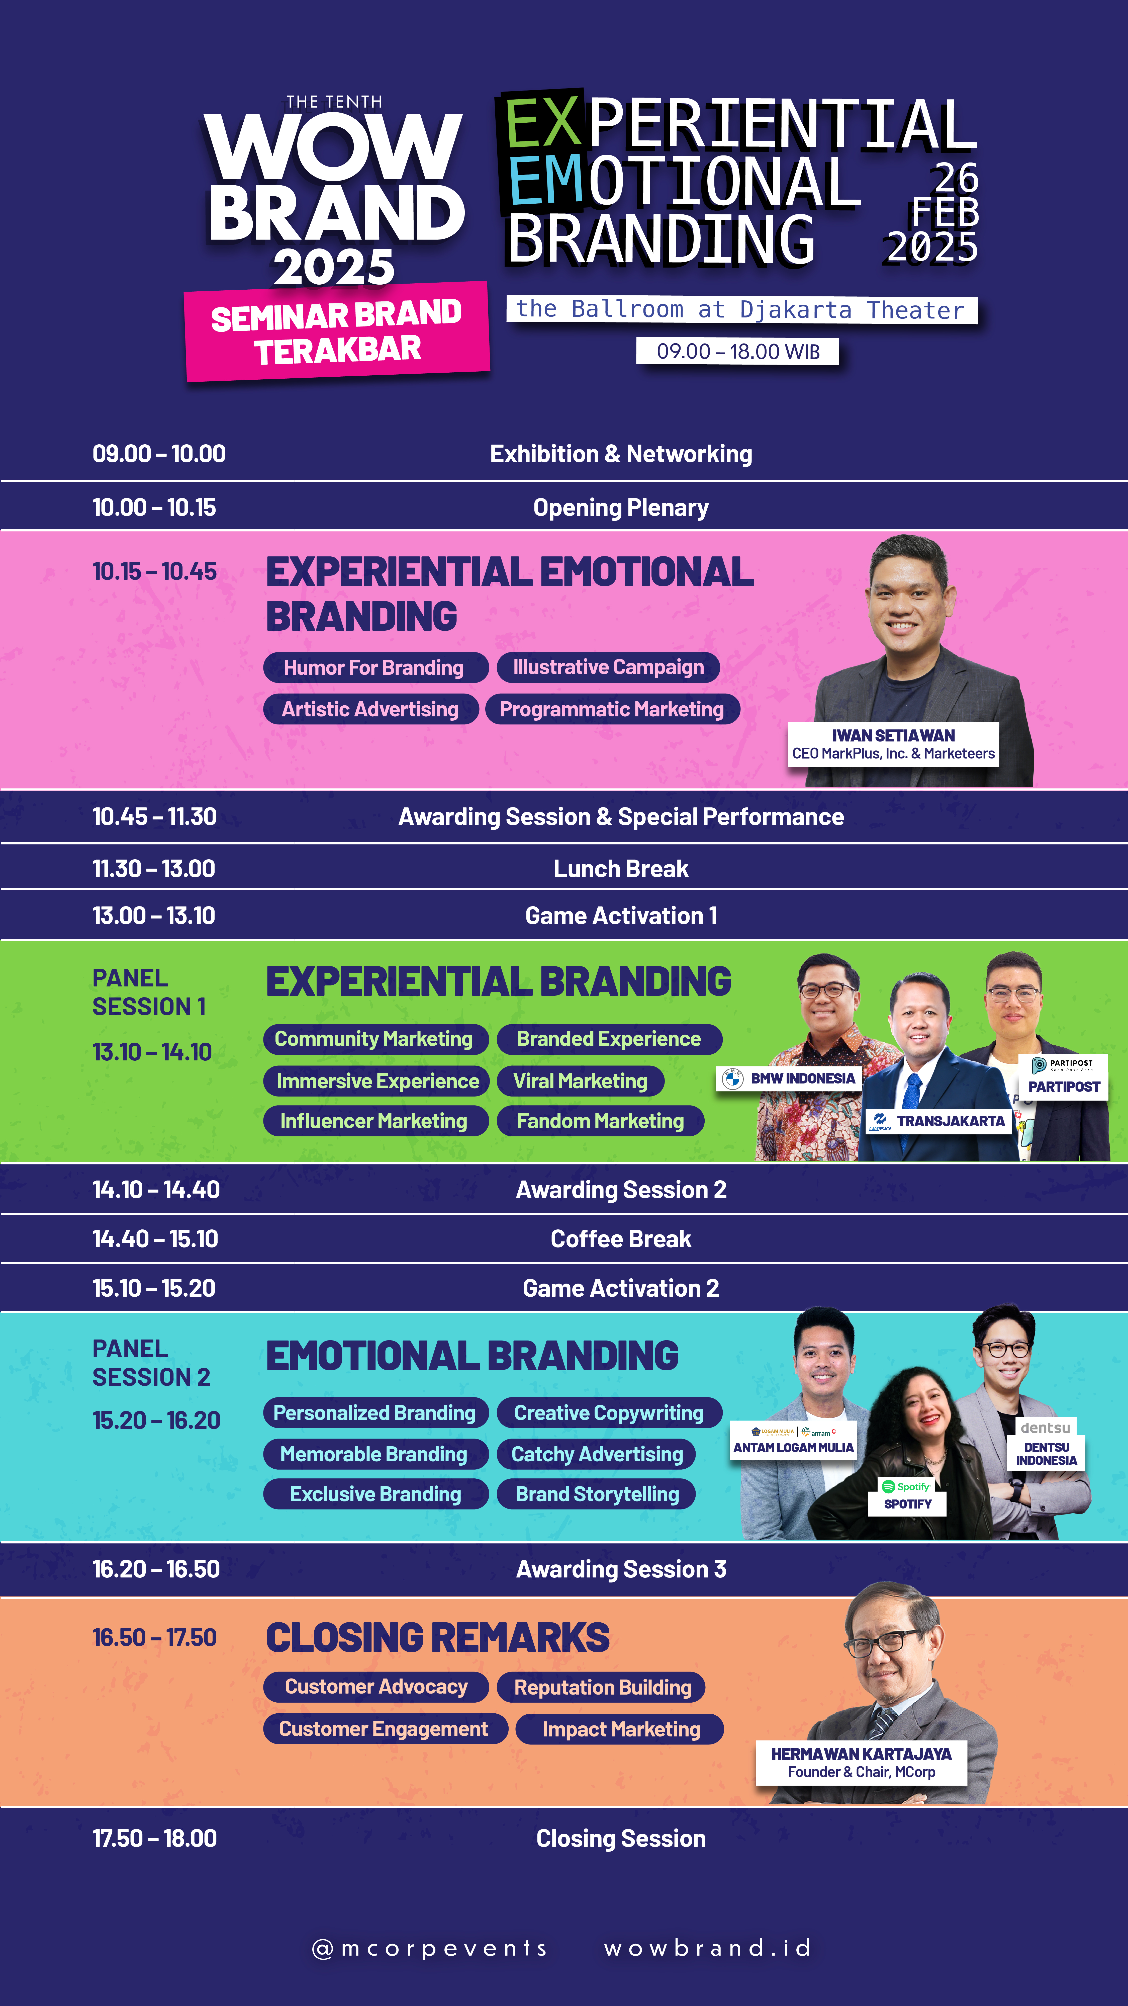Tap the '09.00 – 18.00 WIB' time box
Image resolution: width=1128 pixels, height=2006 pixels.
pyautogui.click(x=737, y=351)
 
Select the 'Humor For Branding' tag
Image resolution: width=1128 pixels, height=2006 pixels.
pyautogui.click(x=374, y=667)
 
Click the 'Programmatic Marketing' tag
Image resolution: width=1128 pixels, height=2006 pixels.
pyautogui.click(x=612, y=709)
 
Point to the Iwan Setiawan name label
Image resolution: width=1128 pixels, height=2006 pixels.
pyautogui.click(x=893, y=744)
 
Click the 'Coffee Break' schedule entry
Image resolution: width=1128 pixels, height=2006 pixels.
pyautogui.click(x=620, y=1239)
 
